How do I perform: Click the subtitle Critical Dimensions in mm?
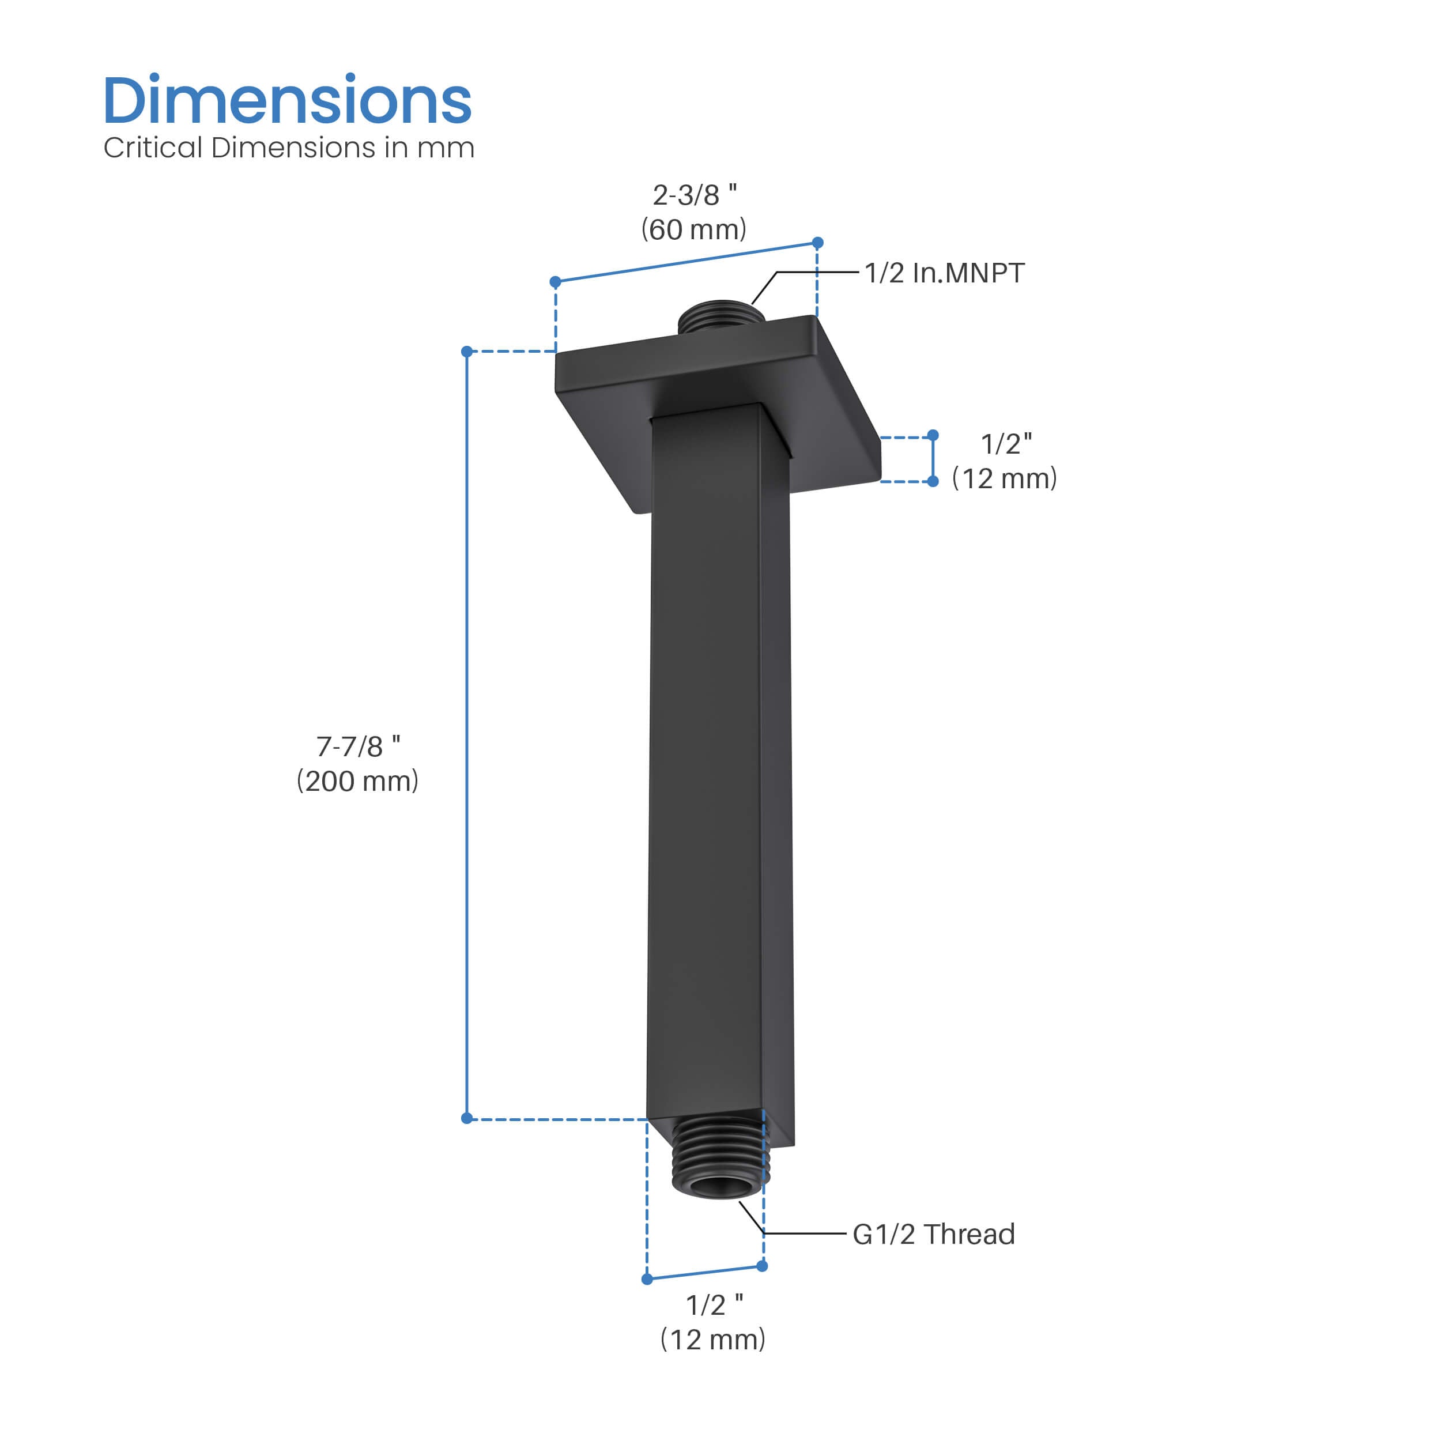pyautogui.click(x=289, y=148)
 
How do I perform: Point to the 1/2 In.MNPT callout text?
pyautogui.click(x=944, y=273)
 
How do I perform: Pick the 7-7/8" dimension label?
pyautogui.click(x=358, y=746)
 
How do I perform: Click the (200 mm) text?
pyautogui.click(x=358, y=781)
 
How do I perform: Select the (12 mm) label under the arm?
pyautogui.click(x=713, y=1340)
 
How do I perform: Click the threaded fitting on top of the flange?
pyautogui.click(x=720, y=319)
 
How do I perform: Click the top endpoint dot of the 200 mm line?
pyautogui.click(x=467, y=351)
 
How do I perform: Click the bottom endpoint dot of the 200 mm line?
pyautogui.click(x=467, y=1118)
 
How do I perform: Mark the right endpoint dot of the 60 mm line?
pyautogui.click(x=817, y=243)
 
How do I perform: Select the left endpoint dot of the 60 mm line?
pyautogui.click(x=555, y=282)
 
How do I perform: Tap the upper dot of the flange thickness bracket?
pyautogui.click(x=933, y=435)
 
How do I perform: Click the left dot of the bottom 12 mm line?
pyautogui.click(x=647, y=1279)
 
